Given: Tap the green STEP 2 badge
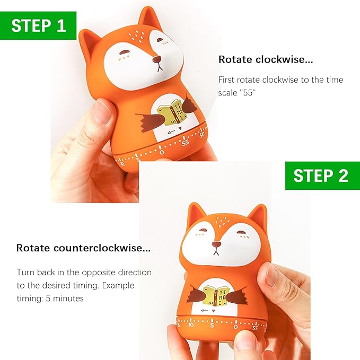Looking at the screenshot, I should click(x=321, y=175).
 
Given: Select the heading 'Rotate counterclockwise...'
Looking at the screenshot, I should click(x=83, y=248).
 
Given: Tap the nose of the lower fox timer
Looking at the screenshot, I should click(x=216, y=244).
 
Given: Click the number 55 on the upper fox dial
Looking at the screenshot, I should click(x=185, y=143).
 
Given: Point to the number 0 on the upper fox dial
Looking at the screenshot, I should click(x=162, y=152).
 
